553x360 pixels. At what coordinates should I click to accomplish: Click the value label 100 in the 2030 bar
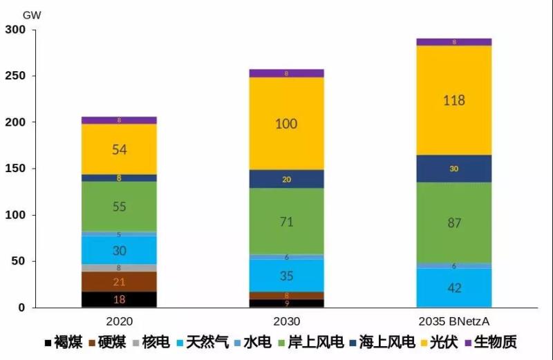pos(286,124)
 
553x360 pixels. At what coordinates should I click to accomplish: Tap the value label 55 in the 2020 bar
pos(119,206)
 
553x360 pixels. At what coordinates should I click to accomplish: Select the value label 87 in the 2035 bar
pos(453,222)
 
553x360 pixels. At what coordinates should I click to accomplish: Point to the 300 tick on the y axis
pos(15,30)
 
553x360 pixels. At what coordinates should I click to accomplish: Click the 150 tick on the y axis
pos(15,169)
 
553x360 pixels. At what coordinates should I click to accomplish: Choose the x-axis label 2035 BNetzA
pos(453,322)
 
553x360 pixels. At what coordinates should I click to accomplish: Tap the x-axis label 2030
pos(286,322)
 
